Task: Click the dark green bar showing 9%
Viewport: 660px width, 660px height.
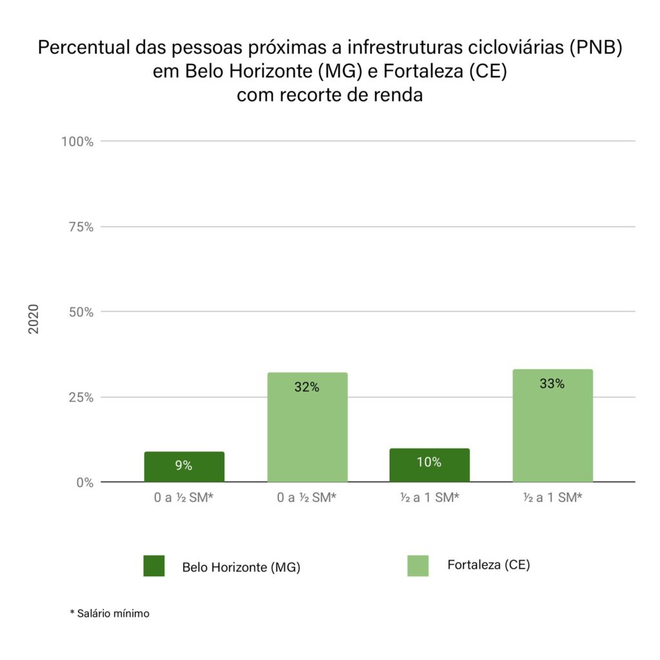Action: (184, 467)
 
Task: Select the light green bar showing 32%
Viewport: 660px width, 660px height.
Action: (307, 427)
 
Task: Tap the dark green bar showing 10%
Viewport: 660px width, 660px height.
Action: (429, 465)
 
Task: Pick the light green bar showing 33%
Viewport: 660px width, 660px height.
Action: (552, 425)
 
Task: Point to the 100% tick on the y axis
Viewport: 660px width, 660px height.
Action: (77, 141)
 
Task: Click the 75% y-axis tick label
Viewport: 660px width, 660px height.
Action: (81, 227)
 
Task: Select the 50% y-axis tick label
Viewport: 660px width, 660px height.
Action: (81, 312)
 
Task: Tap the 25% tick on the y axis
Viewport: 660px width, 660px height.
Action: (81, 397)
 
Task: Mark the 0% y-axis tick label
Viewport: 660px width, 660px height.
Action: (84, 483)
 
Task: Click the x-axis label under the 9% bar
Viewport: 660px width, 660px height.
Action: (184, 498)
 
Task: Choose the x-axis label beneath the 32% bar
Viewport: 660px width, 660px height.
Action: (307, 498)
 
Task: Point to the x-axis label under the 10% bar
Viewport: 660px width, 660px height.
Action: (429, 498)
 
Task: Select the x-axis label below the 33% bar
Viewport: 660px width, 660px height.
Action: (552, 498)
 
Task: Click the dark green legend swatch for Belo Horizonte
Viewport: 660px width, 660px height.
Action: (154, 566)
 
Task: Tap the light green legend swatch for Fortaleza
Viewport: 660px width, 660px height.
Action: (418, 566)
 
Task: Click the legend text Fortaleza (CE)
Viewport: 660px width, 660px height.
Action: (488, 565)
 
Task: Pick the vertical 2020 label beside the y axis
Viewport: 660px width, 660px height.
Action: (34, 318)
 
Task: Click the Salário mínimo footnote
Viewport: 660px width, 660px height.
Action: (110, 614)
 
